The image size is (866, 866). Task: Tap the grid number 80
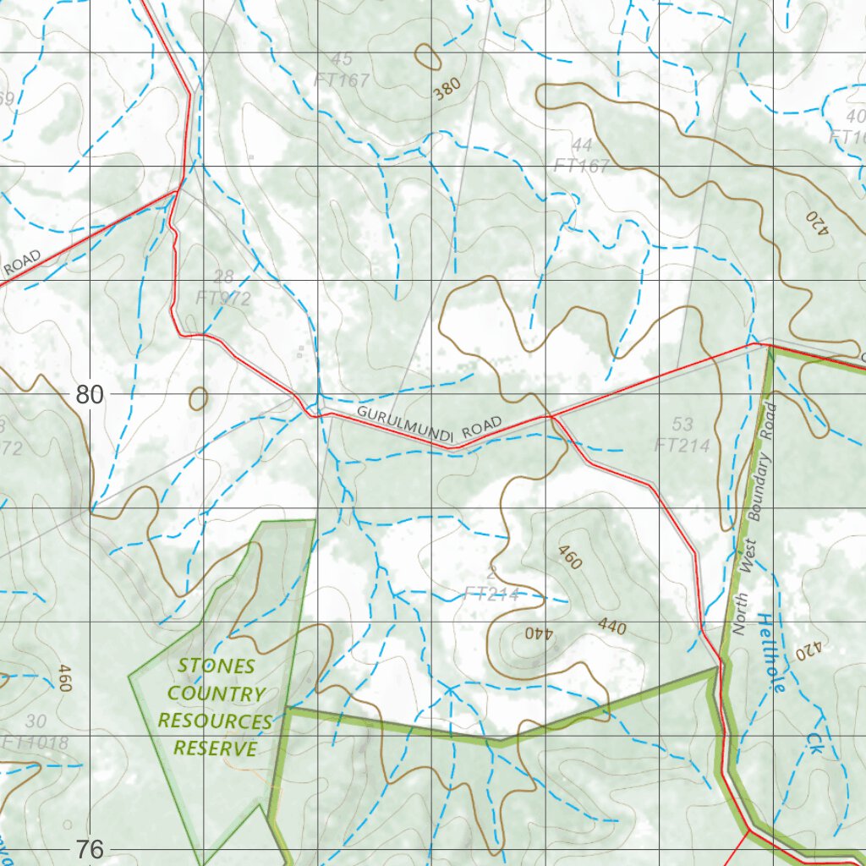[90, 394]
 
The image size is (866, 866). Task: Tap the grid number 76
[90, 848]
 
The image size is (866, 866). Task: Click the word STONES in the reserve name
[216, 666]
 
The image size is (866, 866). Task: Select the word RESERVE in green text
[215, 748]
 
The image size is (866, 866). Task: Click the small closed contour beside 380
[428, 57]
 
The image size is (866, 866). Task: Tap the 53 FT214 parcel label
[682, 434]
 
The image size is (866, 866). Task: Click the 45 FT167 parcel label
[342, 70]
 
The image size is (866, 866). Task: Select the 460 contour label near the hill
[571, 556]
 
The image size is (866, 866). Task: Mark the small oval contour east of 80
[199, 397]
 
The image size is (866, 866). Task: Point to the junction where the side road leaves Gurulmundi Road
[551, 416]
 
